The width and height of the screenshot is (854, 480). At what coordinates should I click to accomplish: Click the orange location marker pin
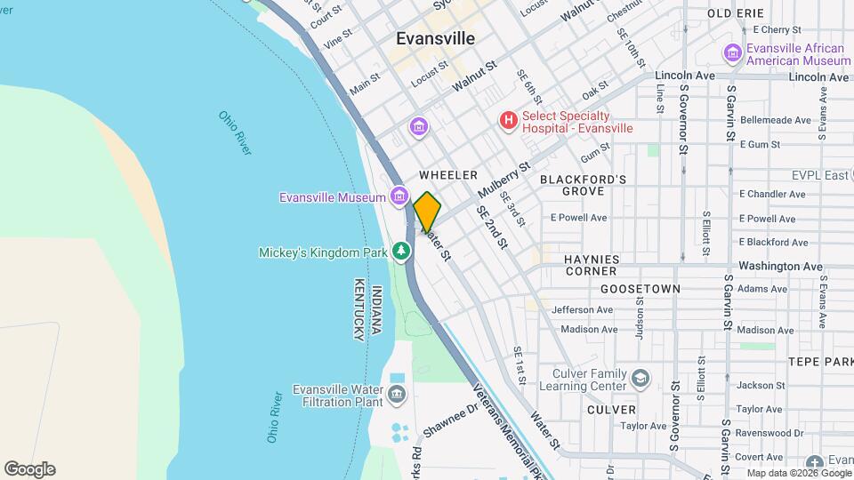click(x=427, y=212)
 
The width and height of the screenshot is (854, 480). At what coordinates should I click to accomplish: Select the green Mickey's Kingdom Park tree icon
click(x=402, y=252)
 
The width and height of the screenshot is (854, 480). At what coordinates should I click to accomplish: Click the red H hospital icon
click(x=508, y=120)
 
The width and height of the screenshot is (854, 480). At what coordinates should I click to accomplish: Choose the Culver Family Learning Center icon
click(x=640, y=380)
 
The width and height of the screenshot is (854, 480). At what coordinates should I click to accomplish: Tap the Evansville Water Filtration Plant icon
click(x=397, y=394)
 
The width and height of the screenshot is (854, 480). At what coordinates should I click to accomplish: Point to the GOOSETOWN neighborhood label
click(x=640, y=289)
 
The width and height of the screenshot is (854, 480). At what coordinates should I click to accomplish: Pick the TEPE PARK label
click(x=819, y=362)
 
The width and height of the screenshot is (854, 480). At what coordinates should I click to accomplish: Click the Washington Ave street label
click(x=780, y=266)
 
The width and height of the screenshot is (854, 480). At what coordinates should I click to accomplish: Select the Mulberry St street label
click(x=503, y=180)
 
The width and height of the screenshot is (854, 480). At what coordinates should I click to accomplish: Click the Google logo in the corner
click(x=29, y=468)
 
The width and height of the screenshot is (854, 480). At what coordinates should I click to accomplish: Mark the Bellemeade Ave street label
click(x=775, y=120)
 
